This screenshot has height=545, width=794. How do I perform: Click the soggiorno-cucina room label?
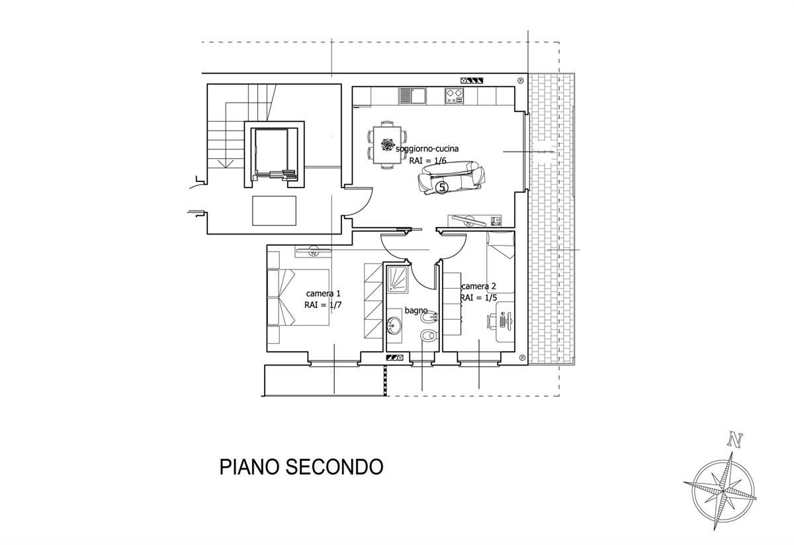pos(427,149)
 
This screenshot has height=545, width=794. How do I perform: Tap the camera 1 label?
pos(323,293)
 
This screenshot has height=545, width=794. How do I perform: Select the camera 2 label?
pos(478,286)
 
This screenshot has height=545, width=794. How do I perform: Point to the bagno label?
pos(416,311)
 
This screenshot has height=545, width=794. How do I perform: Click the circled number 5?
pos(442,187)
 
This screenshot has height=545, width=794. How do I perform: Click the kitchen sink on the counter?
pos(412,96)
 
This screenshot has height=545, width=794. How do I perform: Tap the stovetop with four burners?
pos(454,96)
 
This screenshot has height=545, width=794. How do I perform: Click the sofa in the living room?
pos(451,177)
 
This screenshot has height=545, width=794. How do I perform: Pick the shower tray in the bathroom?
pos(397,280)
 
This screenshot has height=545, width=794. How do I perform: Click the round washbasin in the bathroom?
pos(394,325)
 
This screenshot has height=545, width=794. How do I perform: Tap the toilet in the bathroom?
pos(429,336)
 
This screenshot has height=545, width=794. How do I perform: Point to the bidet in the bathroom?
pos(429,318)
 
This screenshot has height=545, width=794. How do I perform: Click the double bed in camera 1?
pos(298,297)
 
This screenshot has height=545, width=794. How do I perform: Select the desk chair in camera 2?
pos(491,321)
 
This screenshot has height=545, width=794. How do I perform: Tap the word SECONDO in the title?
pos(334,467)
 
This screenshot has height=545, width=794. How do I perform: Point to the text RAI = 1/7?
pos(323,305)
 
